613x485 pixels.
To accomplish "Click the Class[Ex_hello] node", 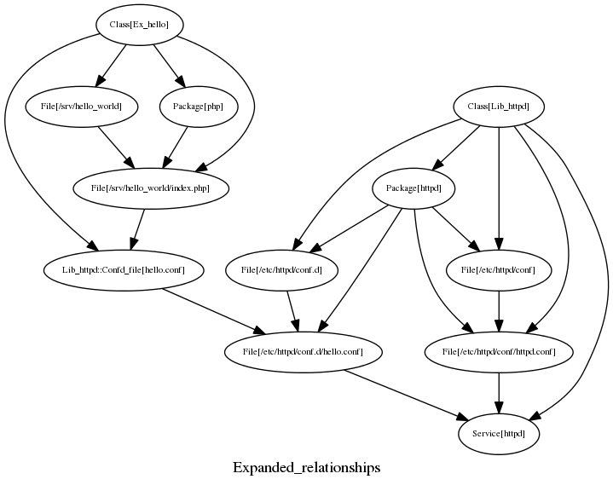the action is pyautogui.click(x=139, y=25).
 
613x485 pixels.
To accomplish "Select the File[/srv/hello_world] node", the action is pyautogui.click(x=81, y=107).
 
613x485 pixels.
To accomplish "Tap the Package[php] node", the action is pyautogui.click(x=198, y=107).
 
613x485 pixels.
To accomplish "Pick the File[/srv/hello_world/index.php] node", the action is pyautogui.click(x=151, y=188).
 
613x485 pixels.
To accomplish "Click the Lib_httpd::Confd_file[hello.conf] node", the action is pyautogui.click(x=124, y=270).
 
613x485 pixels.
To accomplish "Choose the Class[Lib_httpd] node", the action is pyautogui.click(x=499, y=107).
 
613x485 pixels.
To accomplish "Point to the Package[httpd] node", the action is pyautogui.click(x=413, y=188).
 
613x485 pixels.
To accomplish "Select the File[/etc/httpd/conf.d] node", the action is pyautogui.click(x=281, y=270).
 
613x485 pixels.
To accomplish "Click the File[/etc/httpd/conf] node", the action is pyautogui.click(x=499, y=270).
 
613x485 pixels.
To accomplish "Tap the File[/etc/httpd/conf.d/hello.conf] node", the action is pyautogui.click(x=303, y=352).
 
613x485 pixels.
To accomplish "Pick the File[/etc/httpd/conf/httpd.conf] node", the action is pyautogui.click(x=499, y=352).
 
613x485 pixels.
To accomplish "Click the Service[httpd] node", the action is pyautogui.click(x=499, y=434).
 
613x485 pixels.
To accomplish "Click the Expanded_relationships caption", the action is pyautogui.click(x=307, y=467).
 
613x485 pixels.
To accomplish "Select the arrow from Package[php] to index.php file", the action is pyautogui.click(x=176, y=147).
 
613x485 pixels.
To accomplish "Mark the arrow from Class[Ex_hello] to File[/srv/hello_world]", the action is pyautogui.click(x=111, y=66).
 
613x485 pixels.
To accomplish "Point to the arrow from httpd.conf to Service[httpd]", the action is pyautogui.click(x=499, y=393).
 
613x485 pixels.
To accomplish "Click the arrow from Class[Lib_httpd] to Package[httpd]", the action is pyautogui.click(x=456, y=147).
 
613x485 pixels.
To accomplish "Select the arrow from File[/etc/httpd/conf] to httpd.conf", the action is pyautogui.click(x=499, y=311).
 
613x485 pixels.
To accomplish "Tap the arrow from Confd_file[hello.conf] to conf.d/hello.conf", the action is pyautogui.click(x=214, y=311).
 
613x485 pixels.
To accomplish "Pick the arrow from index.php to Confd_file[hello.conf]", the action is pyautogui.click(x=137, y=229).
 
